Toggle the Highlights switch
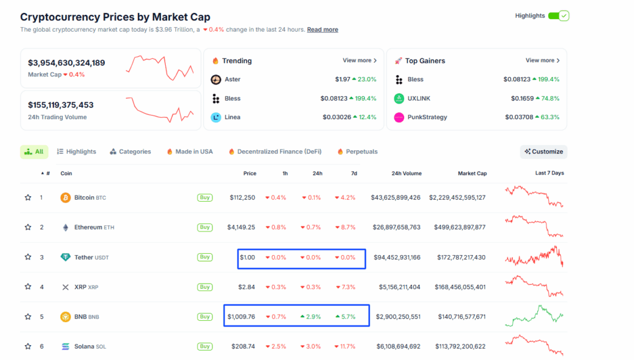[x=558, y=16]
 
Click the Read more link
[x=322, y=30]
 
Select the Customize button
[x=543, y=151]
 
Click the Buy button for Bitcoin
[x=205, y=197]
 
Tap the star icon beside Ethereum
[x=28, y=227]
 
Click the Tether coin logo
[x=65, y=257]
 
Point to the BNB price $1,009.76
[x=241, y=317]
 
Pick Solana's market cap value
[x=460, y=346]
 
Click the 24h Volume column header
[x=406, y=174]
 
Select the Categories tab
[x=130, y=151]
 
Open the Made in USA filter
[x=189, y=151]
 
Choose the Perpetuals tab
[x=357, y=151]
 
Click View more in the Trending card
[x=360, y=61]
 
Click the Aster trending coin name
[x=232, y=79]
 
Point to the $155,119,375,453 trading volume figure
[x=61, y=105]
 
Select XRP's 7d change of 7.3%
[x=346, y=287]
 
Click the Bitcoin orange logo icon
[x=65, y=197]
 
